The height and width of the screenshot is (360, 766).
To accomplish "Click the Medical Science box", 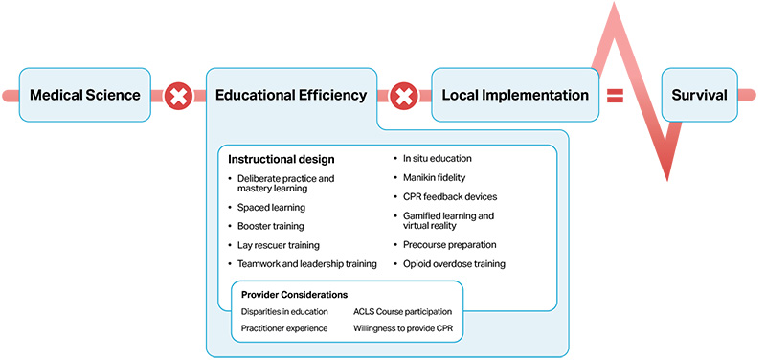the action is point(84,95).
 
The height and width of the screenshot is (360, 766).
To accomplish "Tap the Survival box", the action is point(699,95).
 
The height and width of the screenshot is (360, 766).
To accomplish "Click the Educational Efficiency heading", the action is point(291,95).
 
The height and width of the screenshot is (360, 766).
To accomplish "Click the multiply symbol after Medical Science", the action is point(178,96).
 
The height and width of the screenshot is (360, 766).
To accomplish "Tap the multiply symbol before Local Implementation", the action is point(404,96).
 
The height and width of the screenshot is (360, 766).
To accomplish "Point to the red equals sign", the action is point(615,95).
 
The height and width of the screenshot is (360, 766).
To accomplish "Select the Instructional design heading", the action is point(281,159).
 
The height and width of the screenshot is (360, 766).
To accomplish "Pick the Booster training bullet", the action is point(272,226).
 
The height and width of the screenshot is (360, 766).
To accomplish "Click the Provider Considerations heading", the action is point(294,294).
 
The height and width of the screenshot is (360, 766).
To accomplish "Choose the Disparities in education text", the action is point(284,311).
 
